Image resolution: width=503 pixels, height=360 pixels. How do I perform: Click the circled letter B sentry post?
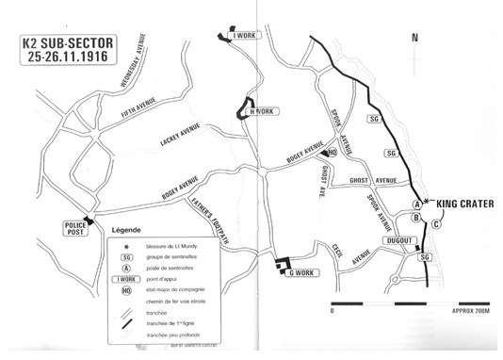[x=416, y=219]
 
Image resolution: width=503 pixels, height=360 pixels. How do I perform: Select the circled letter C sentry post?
[x=436, y=223]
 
